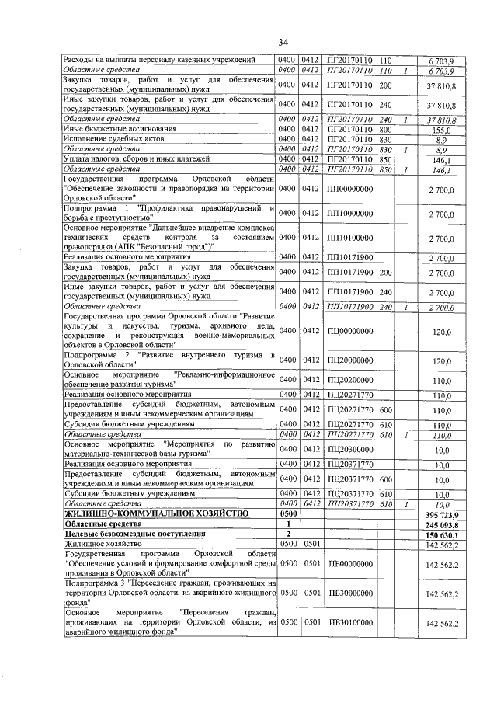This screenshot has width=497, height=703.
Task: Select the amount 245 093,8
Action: (438, 524)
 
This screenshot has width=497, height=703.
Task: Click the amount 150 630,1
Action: (438, 534)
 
